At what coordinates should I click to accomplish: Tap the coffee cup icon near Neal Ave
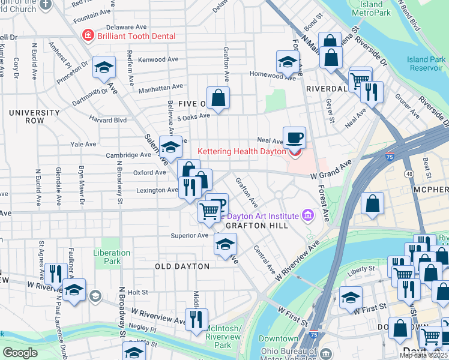point(294,138)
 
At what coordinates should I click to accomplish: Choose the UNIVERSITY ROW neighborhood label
point(34,116)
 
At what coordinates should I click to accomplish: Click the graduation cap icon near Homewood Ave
point(288,62)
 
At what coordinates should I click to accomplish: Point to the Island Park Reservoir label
point(426,64)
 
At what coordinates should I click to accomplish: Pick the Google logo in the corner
point(20,353)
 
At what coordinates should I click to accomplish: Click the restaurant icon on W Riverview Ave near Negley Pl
point(196,319)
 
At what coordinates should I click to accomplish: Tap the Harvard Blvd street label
point(108,119)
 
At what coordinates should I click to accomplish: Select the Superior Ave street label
point(189,235)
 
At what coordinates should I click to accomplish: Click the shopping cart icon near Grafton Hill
point(209,211)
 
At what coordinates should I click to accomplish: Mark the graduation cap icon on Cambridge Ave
point(171,147)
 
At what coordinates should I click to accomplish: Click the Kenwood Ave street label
point(158,60)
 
